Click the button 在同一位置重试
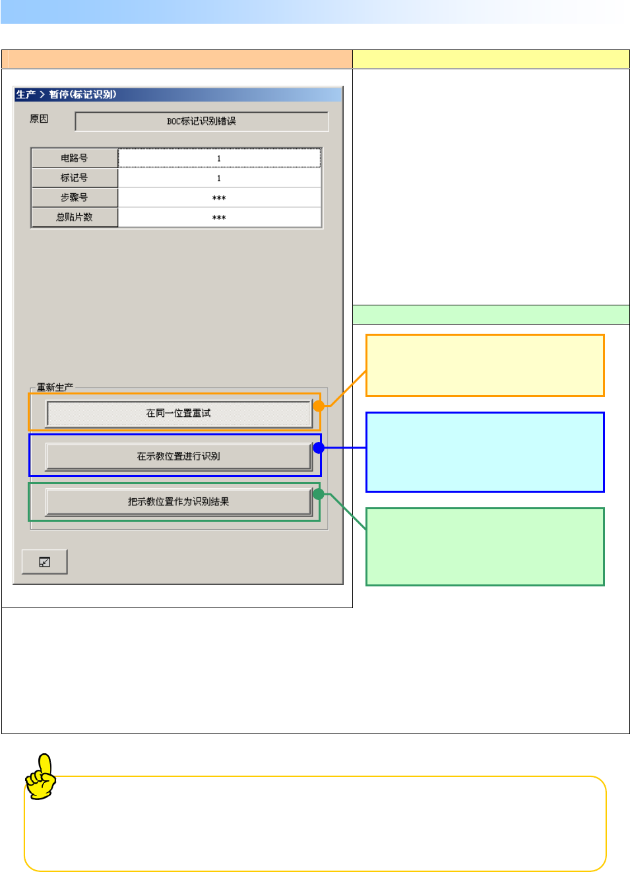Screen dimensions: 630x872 click(x=178, y=414)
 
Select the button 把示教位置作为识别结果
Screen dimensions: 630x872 click(x=178, y=502)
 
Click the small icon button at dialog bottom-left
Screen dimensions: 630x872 click(x=45, y=562)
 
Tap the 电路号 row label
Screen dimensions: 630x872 click(x=75, y=158)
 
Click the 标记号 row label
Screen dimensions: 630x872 click(x=75, y=178)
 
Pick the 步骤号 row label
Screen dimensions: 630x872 click(x=75, y=198)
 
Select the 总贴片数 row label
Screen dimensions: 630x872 click(x=75, y=217)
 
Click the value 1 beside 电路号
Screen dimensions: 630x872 click(x=219, y=158)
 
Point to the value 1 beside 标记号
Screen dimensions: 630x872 click(x=219, y=178)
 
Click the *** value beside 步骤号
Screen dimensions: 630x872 click(x=219, y=198)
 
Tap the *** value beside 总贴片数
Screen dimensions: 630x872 click(x=219, y=218)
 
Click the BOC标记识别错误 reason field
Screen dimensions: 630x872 click(x=201, y=121)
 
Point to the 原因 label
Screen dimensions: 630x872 click(x=39, y=119)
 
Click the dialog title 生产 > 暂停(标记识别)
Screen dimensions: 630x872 click(x=66, y=94)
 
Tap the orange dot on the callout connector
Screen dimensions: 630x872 click(x=319, y=406)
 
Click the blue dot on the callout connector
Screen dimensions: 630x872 click(x=319, y=448)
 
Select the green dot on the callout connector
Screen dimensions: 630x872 click(x=319, y=494)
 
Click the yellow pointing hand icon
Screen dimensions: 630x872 click(x=42, y=777)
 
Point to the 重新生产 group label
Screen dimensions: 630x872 click(x=55, y=387)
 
